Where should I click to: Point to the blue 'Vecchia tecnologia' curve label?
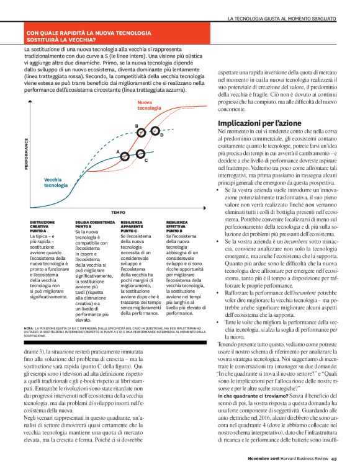click(x=56, y=182)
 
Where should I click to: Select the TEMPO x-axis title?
click(x=119, y=211)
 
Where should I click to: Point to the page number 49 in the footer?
click(x=333, y=459)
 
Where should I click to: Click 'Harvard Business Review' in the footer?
click(x=299, y=459)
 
